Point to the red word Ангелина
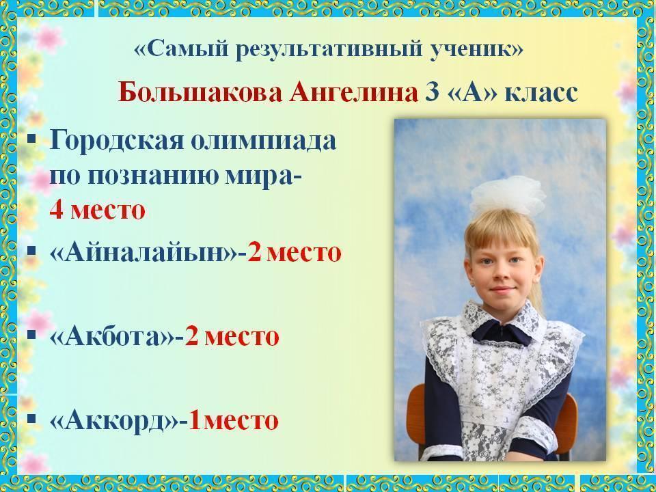click(x=353, y=92)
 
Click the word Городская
click(x=116, y=141)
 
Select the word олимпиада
click(x=264, y=141)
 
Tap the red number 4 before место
click(x=56, y=210)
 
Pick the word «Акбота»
click(x=113, y=336)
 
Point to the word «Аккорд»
click(x=114, y=420)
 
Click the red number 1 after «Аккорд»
click(x=195, y=420)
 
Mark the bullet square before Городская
click(x=31, y=137)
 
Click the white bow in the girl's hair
click(x=508, y=195)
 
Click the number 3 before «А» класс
click(x=432, y=92)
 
